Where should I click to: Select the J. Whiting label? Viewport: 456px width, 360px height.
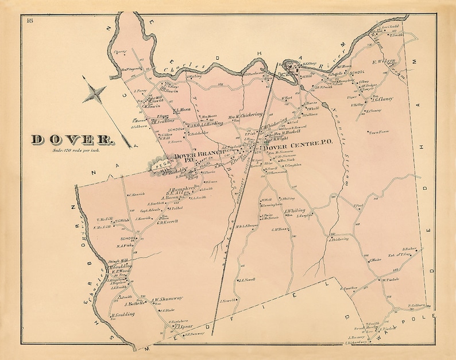tap(295, 211)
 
